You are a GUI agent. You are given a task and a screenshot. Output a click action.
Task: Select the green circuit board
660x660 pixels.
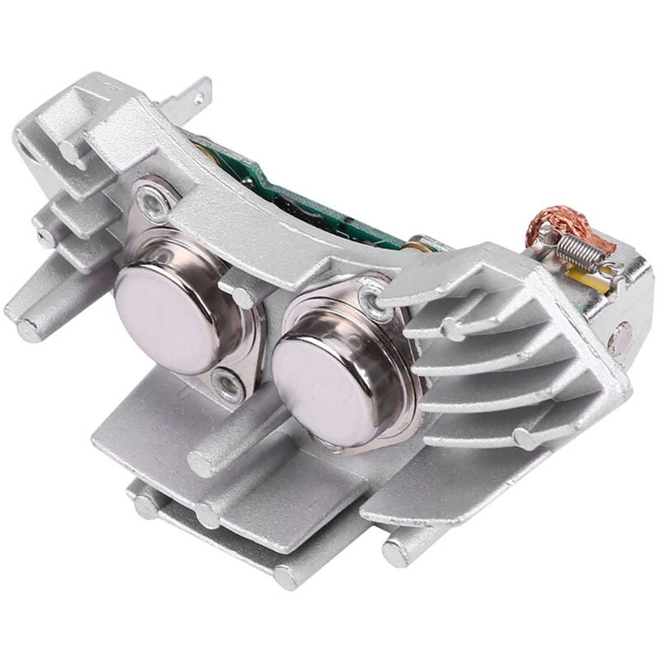(313, 198)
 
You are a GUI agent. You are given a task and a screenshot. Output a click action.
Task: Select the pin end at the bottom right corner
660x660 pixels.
(395, 554)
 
